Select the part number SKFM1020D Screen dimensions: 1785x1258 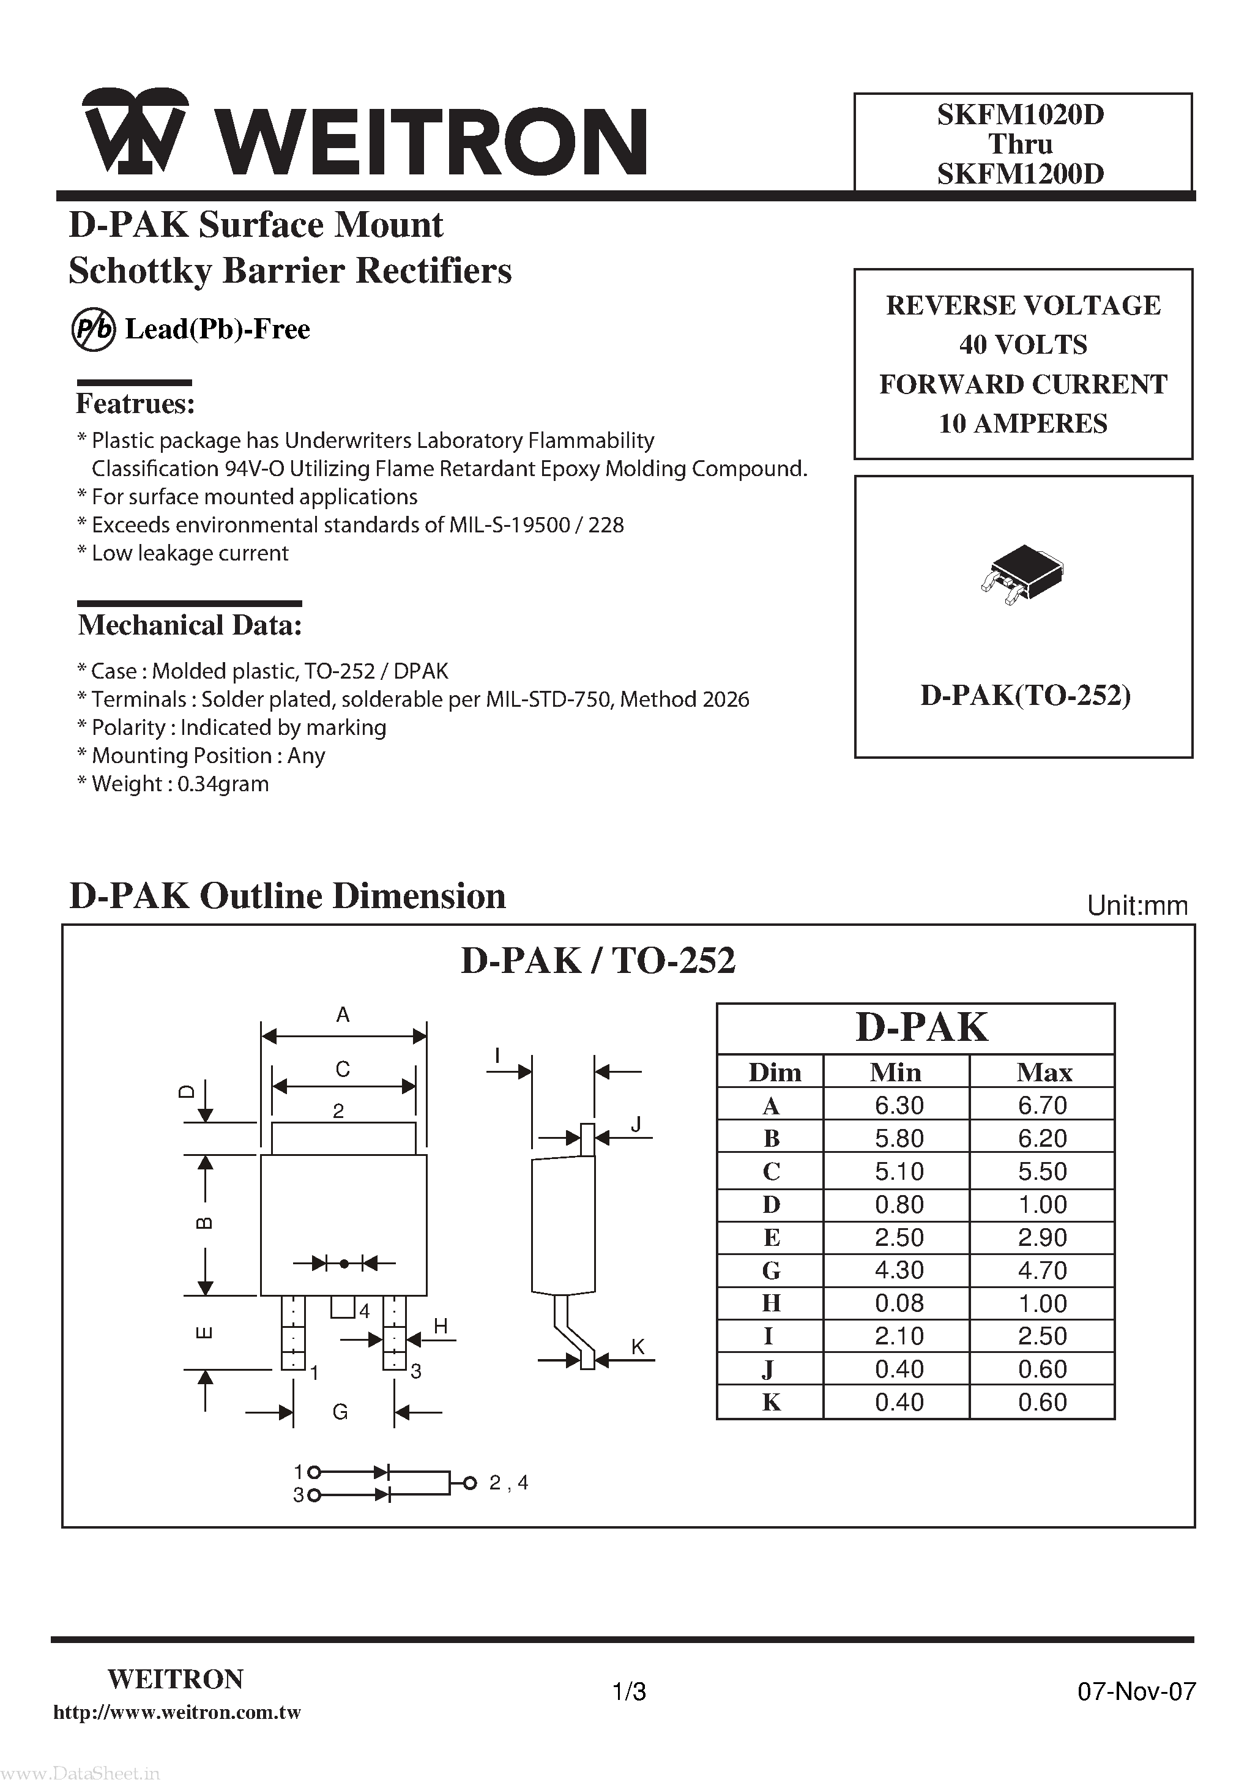point(1020,115)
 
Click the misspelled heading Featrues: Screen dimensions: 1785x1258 point(135,404)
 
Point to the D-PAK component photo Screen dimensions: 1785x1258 point(1022,575)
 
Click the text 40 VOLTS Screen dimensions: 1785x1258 point(1022,345)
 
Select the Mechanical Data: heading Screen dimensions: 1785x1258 point(190,625)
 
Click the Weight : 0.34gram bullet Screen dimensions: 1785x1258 point(173,784)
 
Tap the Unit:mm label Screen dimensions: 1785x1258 point(1137,906)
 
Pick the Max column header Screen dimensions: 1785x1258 point(1043,1073)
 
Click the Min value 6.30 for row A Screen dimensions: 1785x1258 point(899,1106)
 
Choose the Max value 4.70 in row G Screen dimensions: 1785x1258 point(1043,1270)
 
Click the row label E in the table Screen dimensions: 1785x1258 point(770,1238)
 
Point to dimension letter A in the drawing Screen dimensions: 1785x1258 point(343,1015)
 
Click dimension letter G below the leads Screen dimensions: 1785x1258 point(340,1412)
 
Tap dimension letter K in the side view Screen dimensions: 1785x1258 point(638,1346)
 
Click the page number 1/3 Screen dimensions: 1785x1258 point(629,1692)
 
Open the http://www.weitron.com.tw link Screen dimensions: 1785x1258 point(177,1713)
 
